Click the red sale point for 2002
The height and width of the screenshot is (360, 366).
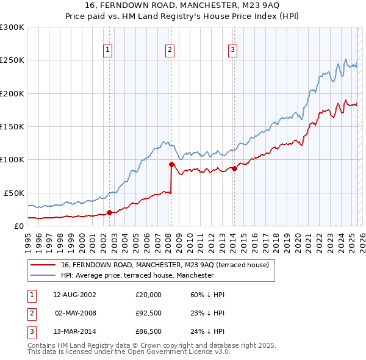click(x=110, y=212)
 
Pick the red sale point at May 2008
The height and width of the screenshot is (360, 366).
click(x=171, y=164)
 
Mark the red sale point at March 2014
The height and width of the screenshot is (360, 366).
click(x=234, y=168)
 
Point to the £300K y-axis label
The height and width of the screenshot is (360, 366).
click(x=12, y=27)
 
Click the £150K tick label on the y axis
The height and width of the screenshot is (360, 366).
click(x=12, y=126)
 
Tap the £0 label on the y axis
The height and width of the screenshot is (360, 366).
click(x=18, y=226)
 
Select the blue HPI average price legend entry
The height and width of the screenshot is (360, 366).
click(x=137, y=275)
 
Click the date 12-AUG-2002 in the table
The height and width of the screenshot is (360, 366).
click(x=74, y=295)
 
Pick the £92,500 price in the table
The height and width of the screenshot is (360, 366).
click(x=149, y=314)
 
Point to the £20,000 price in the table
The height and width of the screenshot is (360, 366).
click(x=149, y=295)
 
